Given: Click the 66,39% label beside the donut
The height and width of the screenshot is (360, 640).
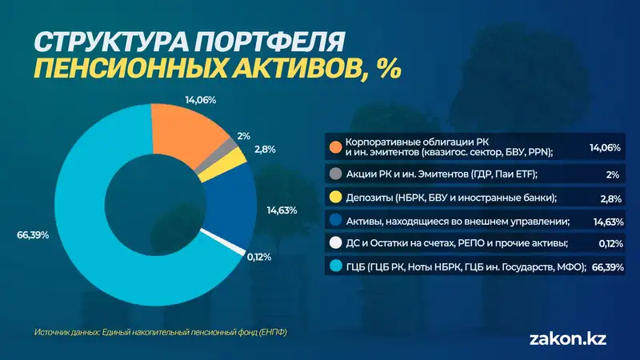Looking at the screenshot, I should (32, 235).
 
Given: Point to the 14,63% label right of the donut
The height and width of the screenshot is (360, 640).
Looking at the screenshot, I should (281, 210).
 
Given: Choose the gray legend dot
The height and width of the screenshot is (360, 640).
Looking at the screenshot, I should (335, 174).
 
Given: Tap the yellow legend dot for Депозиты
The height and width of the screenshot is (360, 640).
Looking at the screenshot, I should (335, 198).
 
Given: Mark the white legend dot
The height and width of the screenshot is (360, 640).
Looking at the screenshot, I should (335, 243).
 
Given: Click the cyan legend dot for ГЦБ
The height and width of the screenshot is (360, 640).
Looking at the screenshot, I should (335, 266).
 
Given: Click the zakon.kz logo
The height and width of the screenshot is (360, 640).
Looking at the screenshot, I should (568, 338).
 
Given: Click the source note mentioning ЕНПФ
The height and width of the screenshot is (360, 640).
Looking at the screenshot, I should (160, 332).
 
